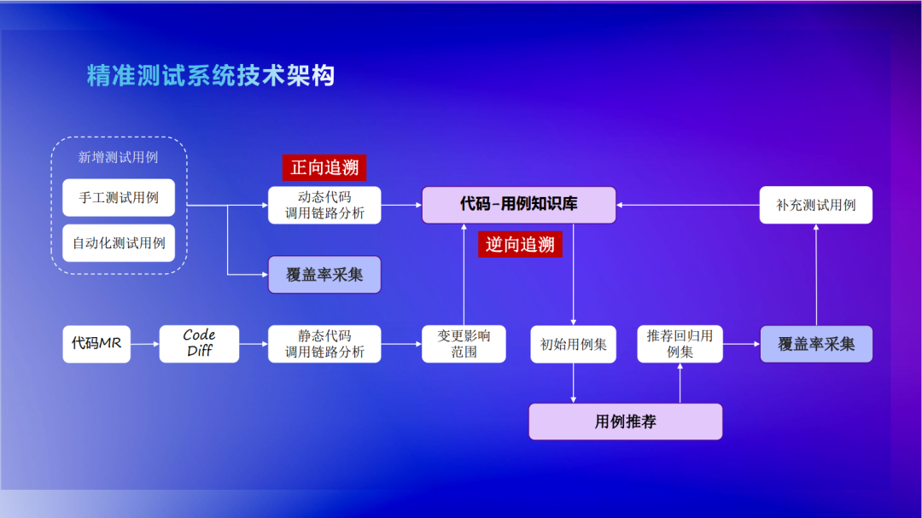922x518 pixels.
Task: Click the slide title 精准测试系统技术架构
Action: click(x=210, y=75)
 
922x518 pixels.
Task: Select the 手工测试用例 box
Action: click(x=119, y=197)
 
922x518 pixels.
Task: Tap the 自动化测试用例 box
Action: click(x=119, y=242)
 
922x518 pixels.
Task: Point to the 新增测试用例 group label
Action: click(x=119, y=157)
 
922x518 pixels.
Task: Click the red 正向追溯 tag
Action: click(x=324, y=167)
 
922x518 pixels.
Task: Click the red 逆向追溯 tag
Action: click(x=521, y=245)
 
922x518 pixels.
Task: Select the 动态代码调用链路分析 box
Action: click(x=324, y=205)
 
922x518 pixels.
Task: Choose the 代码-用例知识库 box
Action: click(x=519, y=205)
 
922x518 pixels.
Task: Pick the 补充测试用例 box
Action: click(x=816, y=205)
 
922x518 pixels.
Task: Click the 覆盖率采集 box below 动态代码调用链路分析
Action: click(x=324, y=275)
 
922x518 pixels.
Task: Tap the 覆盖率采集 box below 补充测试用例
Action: click(x=816, y=344)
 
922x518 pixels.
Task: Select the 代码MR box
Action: click(x=96, y=344)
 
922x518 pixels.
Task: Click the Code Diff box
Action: click(x=199, y=344)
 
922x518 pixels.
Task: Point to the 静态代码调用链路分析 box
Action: click(x=324, y=344)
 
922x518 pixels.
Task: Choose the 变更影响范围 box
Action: click(x=464, y=344)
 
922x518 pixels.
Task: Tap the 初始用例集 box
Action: click(x=573, y=344)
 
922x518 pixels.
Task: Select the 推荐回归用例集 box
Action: click(x=680, y=344)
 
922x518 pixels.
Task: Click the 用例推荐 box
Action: click(x=626, y=422)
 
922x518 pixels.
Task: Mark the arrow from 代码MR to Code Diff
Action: click(x=145, y=344)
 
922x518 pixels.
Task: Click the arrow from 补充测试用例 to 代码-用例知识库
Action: click(x=688, y=205)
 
